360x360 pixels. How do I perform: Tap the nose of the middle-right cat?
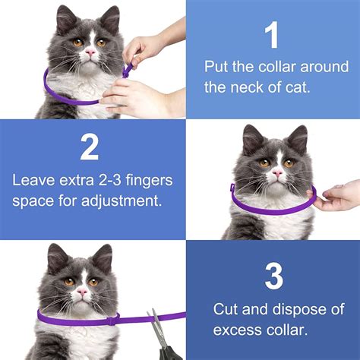tap(277, 175)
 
